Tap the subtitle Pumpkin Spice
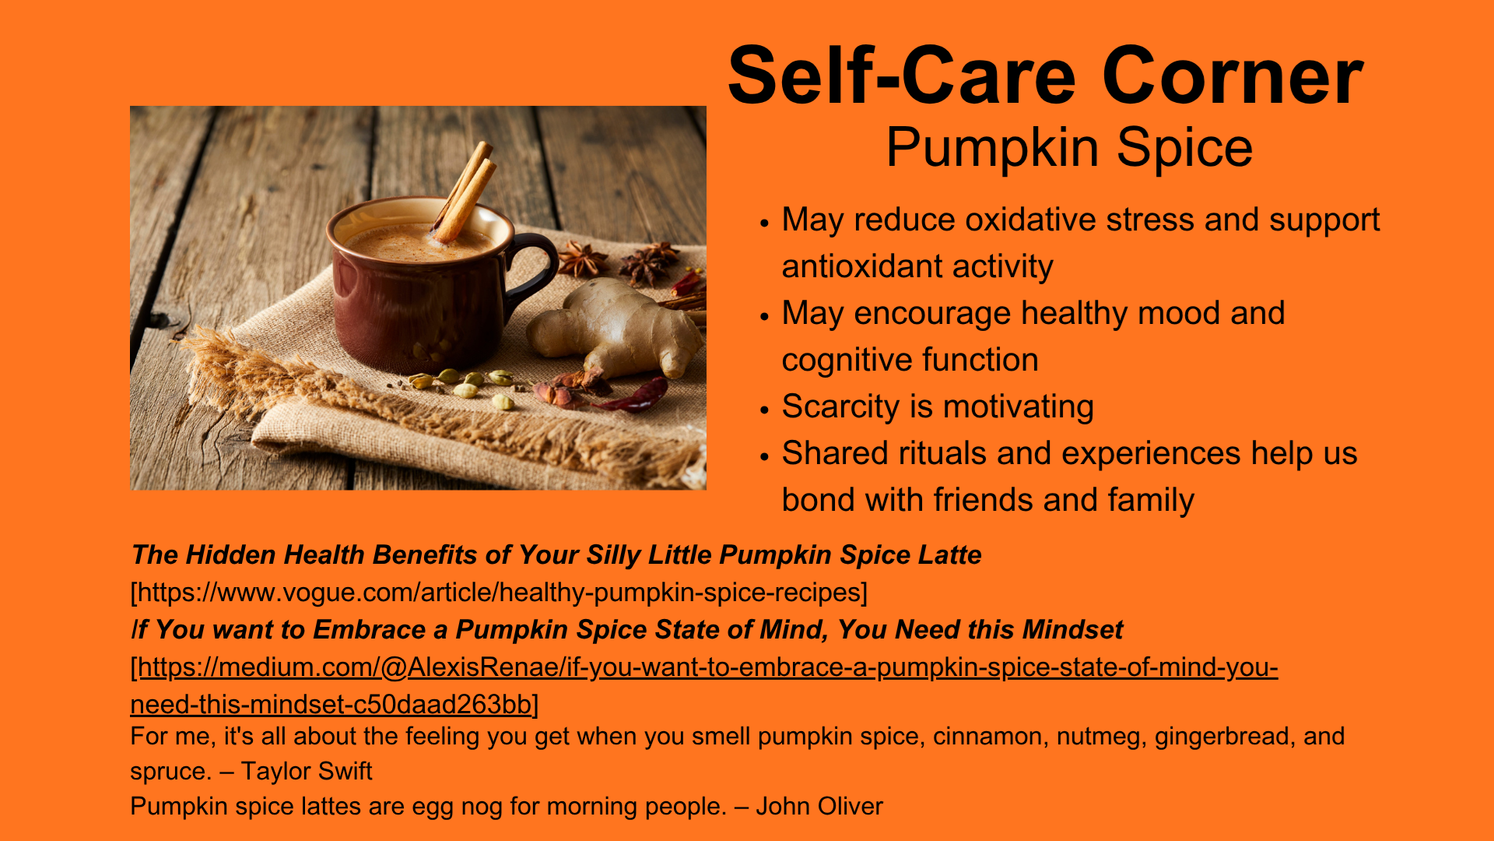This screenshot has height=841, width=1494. pyautogui.click(x=1069, y=147)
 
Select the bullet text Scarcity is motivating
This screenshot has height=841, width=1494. pyautogui.click(x=938, y=406)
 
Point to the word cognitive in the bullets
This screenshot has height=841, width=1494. pyautogui.click(x=842, y=360)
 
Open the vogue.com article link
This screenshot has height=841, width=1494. pyautogui.click(x=499, y=593)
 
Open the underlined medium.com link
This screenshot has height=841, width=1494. pyautogui.click(x=704, y=685)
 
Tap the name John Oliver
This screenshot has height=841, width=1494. pyautogui.click(x=819, y=806)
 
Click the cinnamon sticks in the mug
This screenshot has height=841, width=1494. pyautogui.click(x=465, y=191)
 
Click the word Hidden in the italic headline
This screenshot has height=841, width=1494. pyautogui.click(x=231, y=554)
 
